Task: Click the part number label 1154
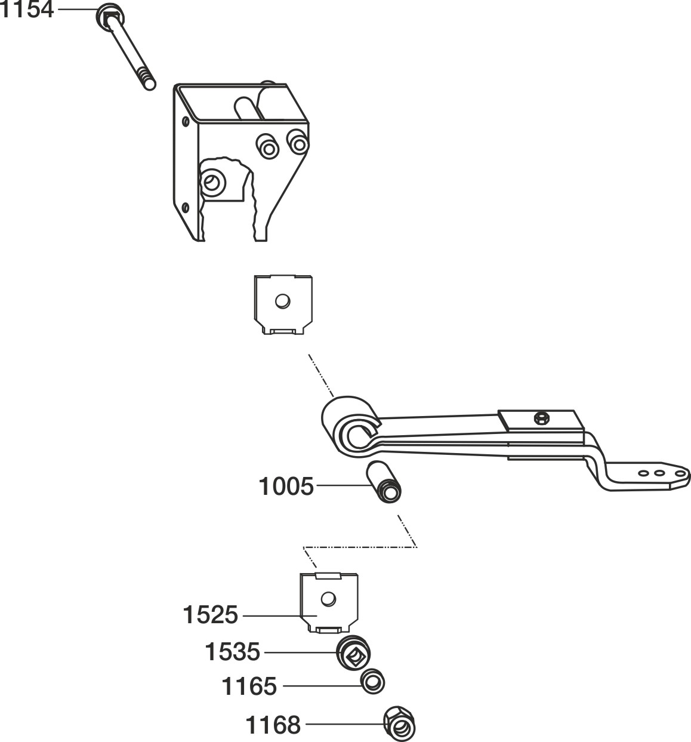click(27, 10)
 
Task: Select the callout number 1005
click(286, 487)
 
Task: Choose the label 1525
click(211, 615)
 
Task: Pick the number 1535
click(232, 652)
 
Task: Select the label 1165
click(249, 686)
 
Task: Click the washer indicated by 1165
click(372, 682)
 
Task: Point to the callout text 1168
click(273, 726)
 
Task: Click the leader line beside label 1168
click(344, 725)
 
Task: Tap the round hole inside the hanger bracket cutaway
click(211, 180)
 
